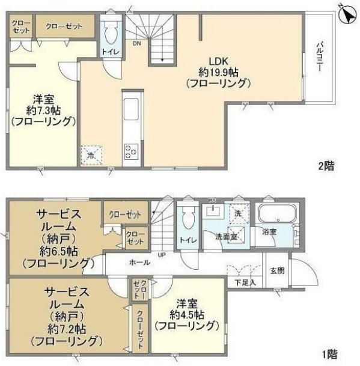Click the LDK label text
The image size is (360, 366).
216,61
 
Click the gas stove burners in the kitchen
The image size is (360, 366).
130,151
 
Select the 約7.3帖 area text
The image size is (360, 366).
43,109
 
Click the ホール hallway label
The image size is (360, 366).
139,263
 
